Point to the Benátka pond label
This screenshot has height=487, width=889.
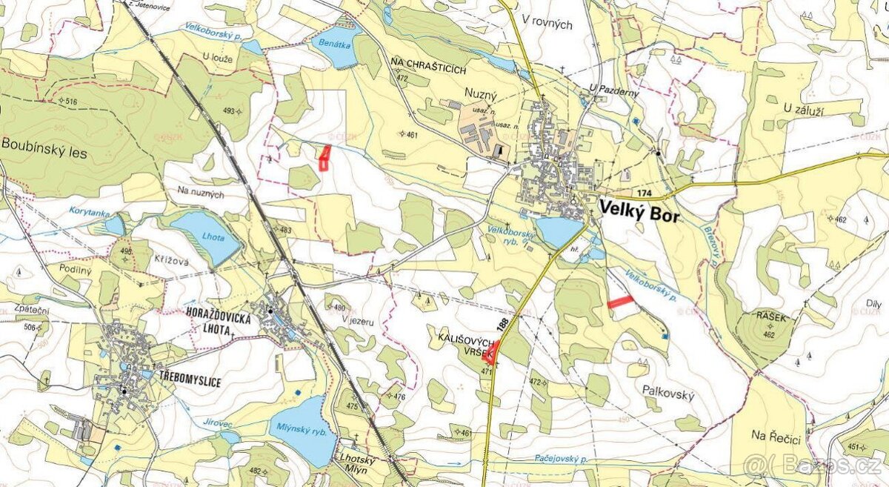(x=334, y=44)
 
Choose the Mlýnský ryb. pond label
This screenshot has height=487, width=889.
(x=299, y=427)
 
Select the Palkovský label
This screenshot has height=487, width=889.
(x=668, y=396)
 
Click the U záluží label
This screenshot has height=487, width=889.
(x=811, y=108)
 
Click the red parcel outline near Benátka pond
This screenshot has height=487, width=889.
(x=324, y=158)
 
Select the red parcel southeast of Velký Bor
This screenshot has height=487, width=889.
(x=621, y=301)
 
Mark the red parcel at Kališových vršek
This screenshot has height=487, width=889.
(x=491, y=351)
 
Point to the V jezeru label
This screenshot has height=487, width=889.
(x=357, y=319)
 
